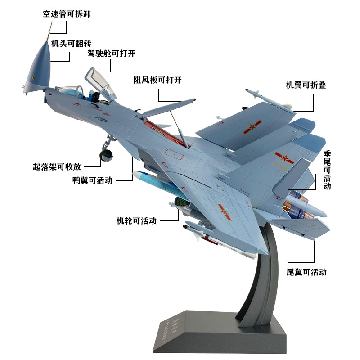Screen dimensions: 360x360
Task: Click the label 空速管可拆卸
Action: click(67, 14)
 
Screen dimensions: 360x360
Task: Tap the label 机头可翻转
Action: click(71, 44)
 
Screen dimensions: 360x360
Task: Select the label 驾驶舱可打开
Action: click(111, 54)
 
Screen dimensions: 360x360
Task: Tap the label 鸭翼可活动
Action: click(92, 180)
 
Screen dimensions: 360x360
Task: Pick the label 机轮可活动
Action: click(136, 221)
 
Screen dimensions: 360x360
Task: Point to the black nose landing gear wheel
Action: click(107, 156)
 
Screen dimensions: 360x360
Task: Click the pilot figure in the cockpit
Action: click(94, 95)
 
